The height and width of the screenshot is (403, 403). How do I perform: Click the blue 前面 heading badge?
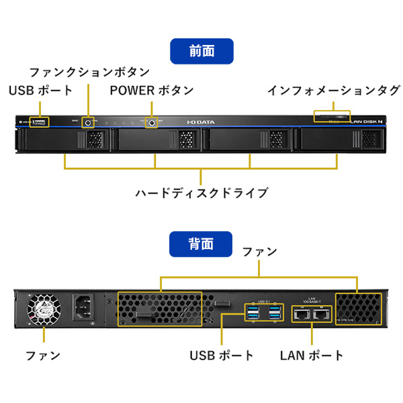click(x=201, y=51)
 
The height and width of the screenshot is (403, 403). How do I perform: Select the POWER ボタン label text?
click(x=152, y=90)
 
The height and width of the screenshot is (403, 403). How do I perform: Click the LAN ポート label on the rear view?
click(x=312, y=355)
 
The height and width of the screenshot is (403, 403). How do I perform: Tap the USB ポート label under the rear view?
click(x=222, y=355)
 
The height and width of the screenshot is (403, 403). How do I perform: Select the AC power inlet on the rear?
click(x=87, y=308)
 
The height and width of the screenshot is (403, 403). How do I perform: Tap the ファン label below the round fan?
click(x=42, y=355)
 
